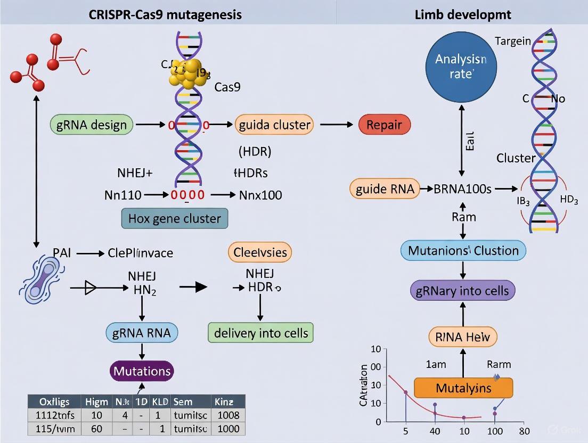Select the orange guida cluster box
[x=274, y=125]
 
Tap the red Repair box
[x=385, y=125]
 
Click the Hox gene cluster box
[x=175, y=218]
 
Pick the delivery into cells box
[x=260, y=333]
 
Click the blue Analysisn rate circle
[x=461, y=67]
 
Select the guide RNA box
[x=385, y=189]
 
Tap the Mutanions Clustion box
[x=463, y=250]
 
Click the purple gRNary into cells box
[x=463, y=291]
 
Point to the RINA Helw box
[x=463, y=337]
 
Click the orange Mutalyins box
[x=463, y=388]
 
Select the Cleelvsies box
[x=260, y=252]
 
